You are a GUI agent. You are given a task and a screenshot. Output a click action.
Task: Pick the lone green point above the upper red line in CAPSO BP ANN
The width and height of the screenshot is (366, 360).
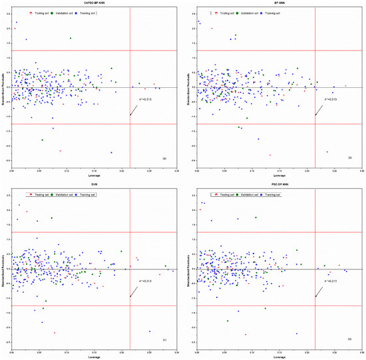(x=70, y=38)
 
